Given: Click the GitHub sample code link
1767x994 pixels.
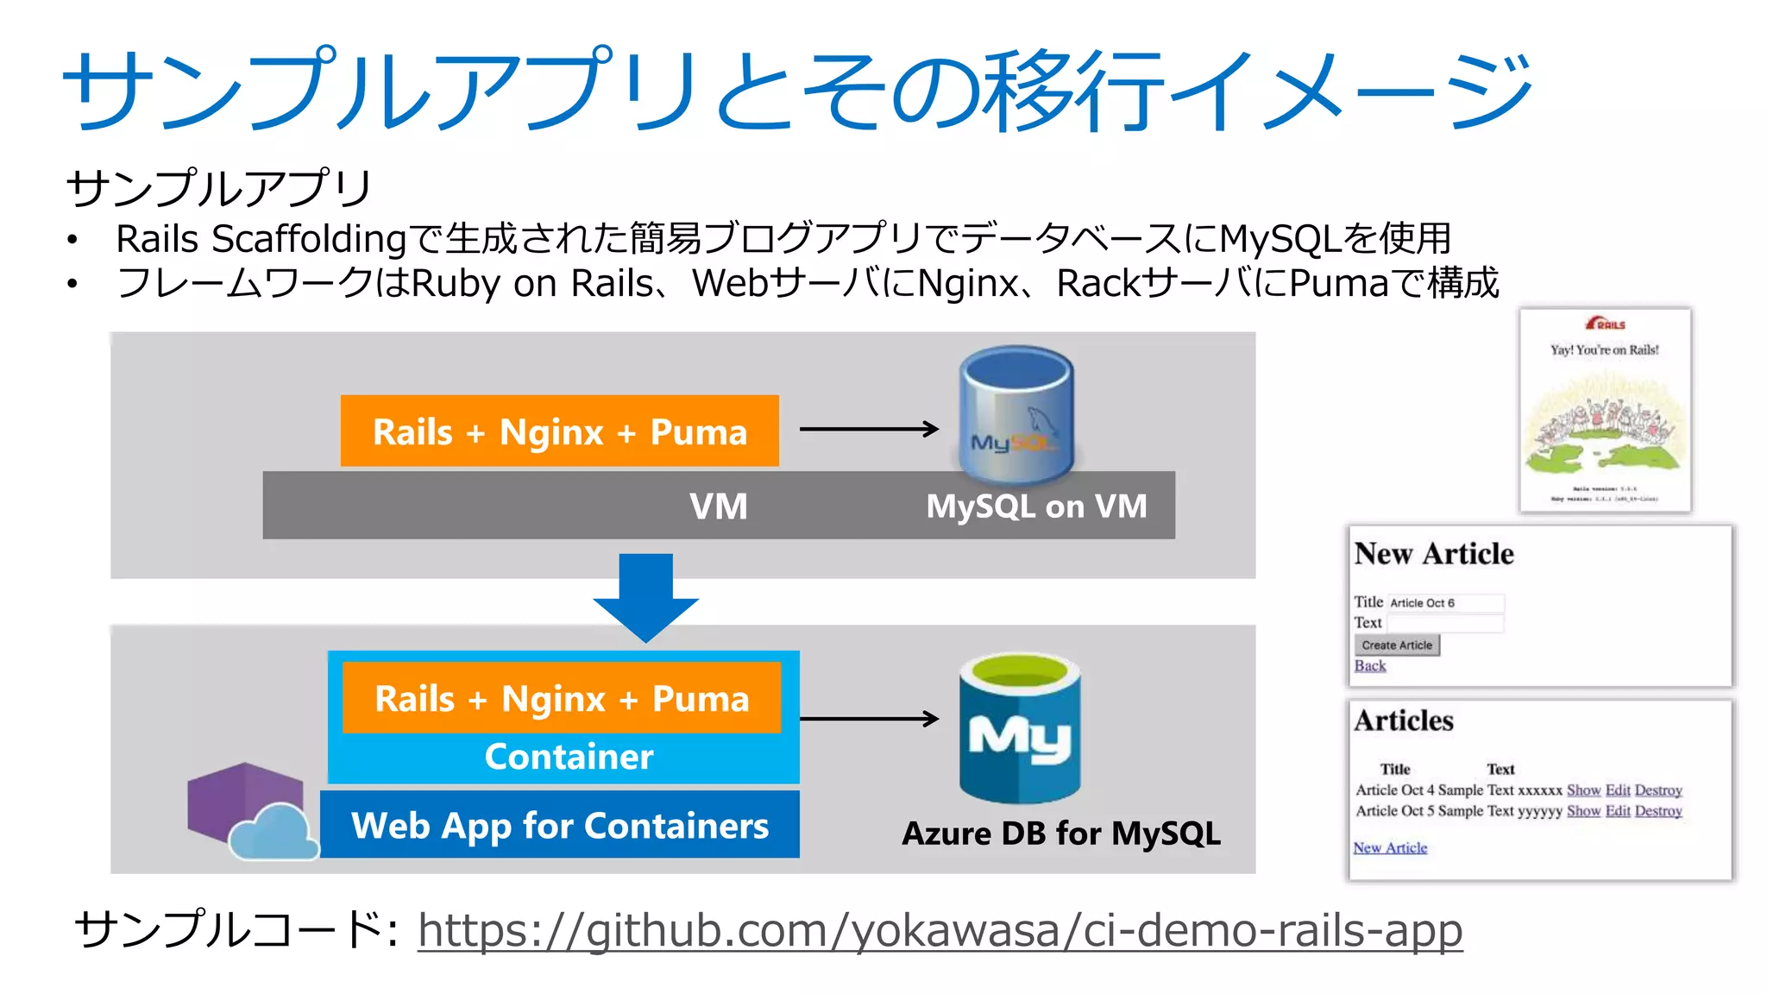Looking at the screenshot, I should pyautogui.click(x=940, y=930).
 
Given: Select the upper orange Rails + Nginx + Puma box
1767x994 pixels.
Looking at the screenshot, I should pyautogui.click(x=559, y=431).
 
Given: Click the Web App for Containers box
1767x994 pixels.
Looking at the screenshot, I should pyautogui.click(x=559, y=826).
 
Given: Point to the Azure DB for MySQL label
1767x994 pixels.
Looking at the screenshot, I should pyautogui.click(x=1060, y=834).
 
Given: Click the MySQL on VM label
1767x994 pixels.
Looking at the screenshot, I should pyautogui.click(x=1036, y=506).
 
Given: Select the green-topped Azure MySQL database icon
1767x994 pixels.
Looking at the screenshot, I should pyautogui.click(x=1019, y=727).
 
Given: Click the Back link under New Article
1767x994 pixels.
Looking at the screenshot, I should pyautogui.click(x=1369, y=666).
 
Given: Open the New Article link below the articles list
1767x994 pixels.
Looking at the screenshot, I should pyautogui.click(x=1389, y=848).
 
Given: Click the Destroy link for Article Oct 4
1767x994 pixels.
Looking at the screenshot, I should pyautogui.click(x=1657, y=790).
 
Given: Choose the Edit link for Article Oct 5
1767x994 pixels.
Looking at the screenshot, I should pyautogui.click(x=1617, y=811).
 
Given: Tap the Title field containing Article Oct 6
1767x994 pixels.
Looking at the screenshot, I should pyautogui.click(x=1445, y=603).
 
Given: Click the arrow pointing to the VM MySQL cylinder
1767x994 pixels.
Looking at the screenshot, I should pyautogui.click(x=868, y=429).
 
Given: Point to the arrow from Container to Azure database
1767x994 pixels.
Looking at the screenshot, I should pyautogui.click(x=868, y=718).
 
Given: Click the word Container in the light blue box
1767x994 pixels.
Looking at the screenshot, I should pyautogui.click(x=569, y=757).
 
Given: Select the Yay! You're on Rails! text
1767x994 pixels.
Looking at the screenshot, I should pyautogui.click(x=1604, y=350).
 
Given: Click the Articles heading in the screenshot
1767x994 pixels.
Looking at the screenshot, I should pyautogui.click(x=1403, y=721).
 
